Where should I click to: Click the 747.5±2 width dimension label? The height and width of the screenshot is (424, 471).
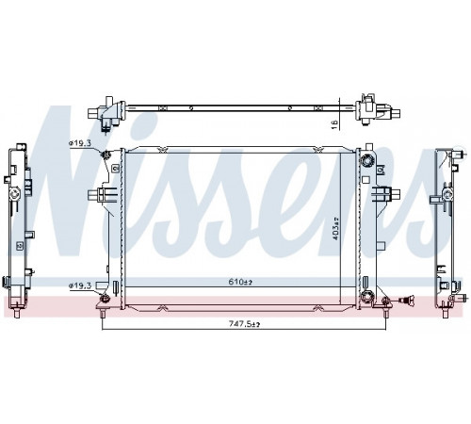(244, 324)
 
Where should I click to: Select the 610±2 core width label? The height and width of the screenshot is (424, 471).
(240, 282)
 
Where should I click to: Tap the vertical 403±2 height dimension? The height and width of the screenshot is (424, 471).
(335, 229)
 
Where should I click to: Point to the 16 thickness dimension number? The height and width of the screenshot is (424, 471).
(335, 124)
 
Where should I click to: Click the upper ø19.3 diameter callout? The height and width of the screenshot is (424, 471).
(80, 143)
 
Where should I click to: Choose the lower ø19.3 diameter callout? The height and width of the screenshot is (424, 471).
(80, 285)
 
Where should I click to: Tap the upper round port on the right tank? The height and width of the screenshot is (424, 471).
(366, 161)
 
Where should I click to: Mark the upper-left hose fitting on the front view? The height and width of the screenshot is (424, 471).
(105, 155)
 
